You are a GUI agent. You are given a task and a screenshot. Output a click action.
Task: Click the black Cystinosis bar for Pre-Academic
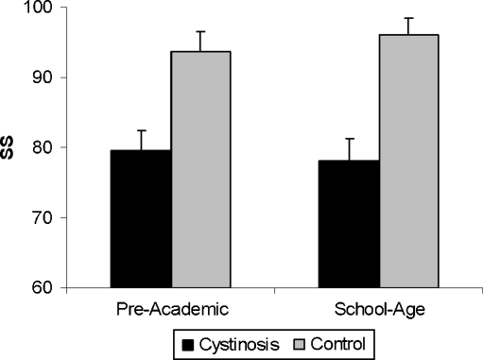(141, 218)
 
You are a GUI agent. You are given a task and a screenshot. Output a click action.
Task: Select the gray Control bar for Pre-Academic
(201, 169)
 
